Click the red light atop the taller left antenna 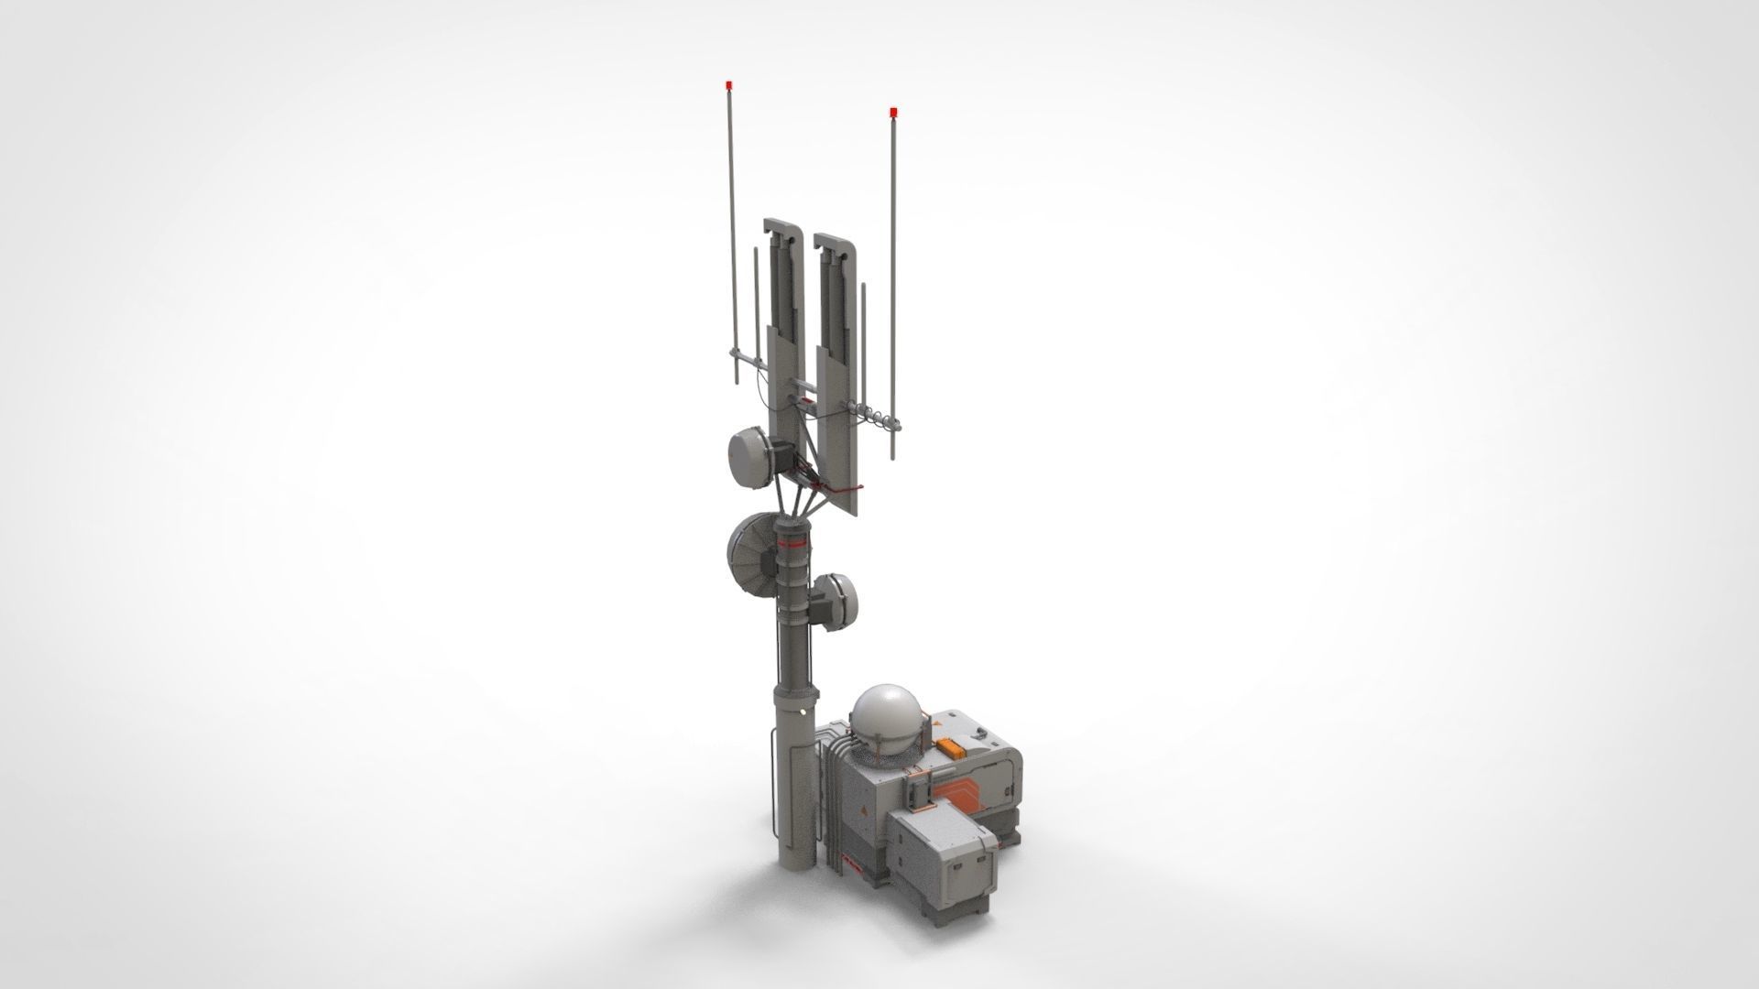tap(728, 85)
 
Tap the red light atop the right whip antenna tap(893, 112)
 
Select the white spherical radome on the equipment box tap(885, 718)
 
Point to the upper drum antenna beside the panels tap(751, 459)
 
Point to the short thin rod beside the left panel tap(756, 302)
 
